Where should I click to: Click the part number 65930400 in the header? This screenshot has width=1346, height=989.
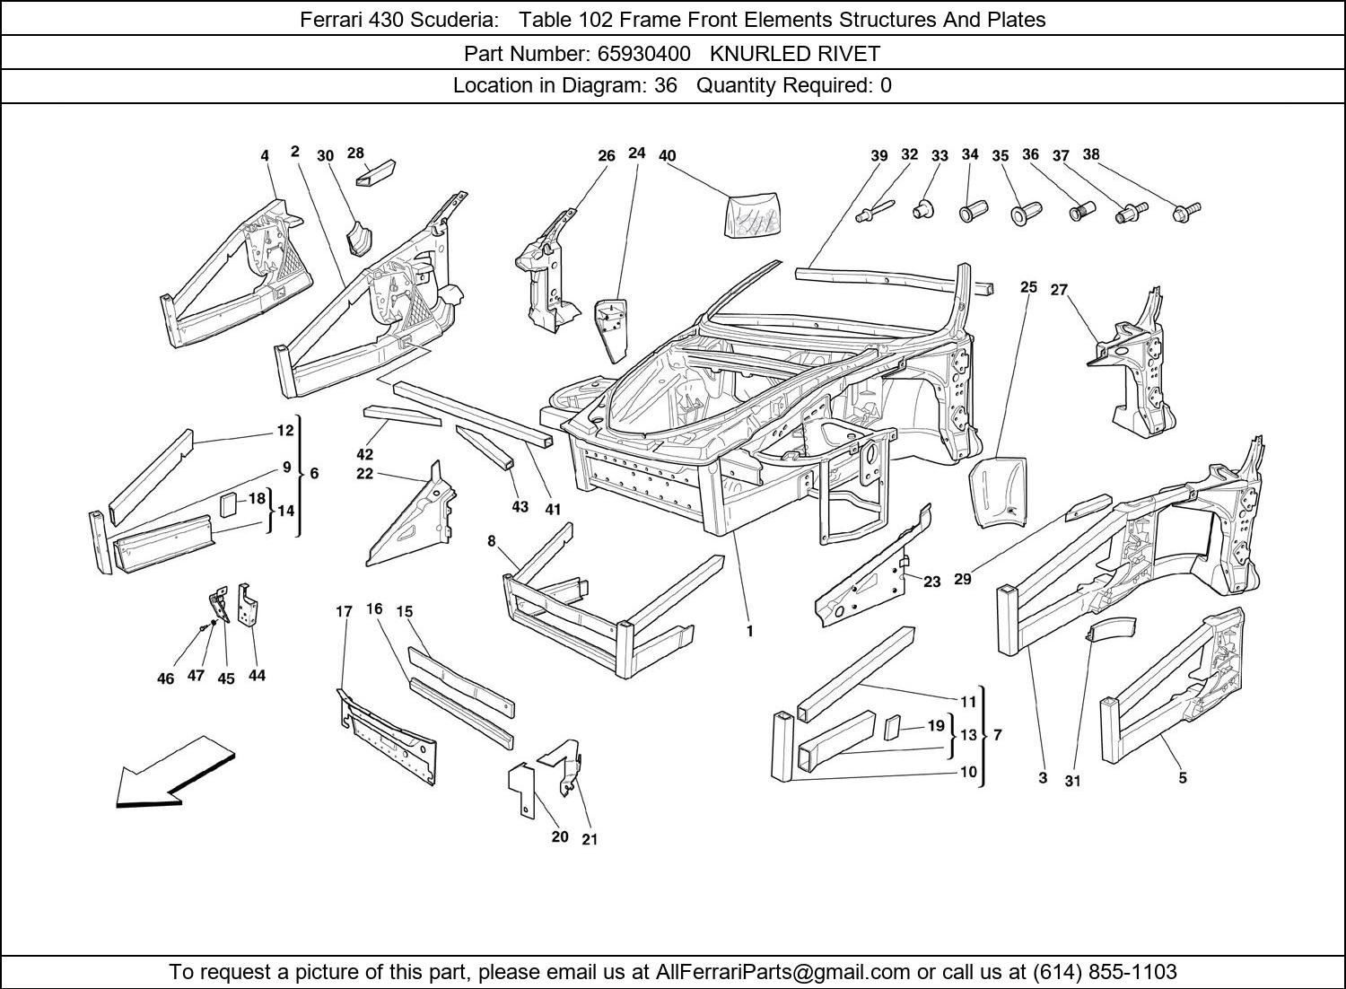(x=643, y=54)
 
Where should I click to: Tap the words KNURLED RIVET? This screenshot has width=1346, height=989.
(x=795, y=54)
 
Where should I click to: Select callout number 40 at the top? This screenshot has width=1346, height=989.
(x=667, y=155)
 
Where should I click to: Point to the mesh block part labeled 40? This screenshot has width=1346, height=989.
(x=752, y=214)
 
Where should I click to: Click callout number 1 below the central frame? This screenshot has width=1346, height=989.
(x=749, y=631)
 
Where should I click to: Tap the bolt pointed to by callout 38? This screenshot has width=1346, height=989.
(x=1186, y=213)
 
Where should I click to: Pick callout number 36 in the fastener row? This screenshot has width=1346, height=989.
(x=1030, y=154)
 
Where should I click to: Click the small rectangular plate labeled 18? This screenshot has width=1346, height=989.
(x=228, y=504)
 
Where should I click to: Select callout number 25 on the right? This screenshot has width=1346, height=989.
(x=1028, y=287)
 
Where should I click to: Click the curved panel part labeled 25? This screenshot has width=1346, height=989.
(x=999, y=493)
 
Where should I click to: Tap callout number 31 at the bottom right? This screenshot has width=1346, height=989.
(x=1072, y=781)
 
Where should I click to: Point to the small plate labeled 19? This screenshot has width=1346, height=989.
(x=892, y=727)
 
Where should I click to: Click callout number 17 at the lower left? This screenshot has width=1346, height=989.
(x=344, y=611)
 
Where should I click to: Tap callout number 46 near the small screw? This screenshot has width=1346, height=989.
(x=165, y=678)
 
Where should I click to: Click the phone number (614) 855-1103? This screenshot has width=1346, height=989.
(x=1105, y=972)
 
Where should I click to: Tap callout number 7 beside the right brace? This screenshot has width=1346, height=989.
(x=998, y=735)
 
